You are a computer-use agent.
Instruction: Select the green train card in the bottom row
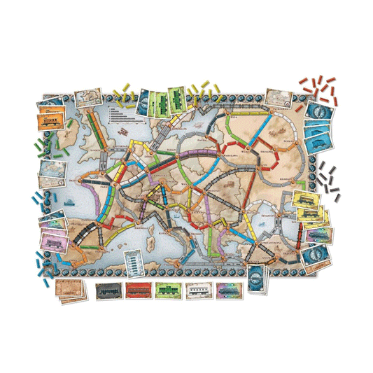pyautogui.click(x=167, y=289)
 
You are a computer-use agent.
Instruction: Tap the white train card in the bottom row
pyautogui.click(x=197, y=289)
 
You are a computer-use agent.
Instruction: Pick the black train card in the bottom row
pyautogui.click(x=106, y=289)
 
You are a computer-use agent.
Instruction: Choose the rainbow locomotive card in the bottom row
pyautogui.click(x=227, y=289)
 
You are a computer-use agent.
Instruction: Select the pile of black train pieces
pyautogui.click(x=325, y=175)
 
